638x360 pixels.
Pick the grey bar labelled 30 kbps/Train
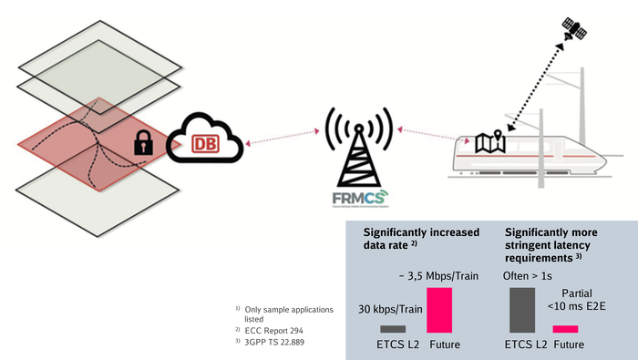[x=393, y=329]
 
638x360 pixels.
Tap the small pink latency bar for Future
[x=565, y=329]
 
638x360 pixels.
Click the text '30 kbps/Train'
[x=388, y=308]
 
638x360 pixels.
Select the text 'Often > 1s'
[x=529, y=275]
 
